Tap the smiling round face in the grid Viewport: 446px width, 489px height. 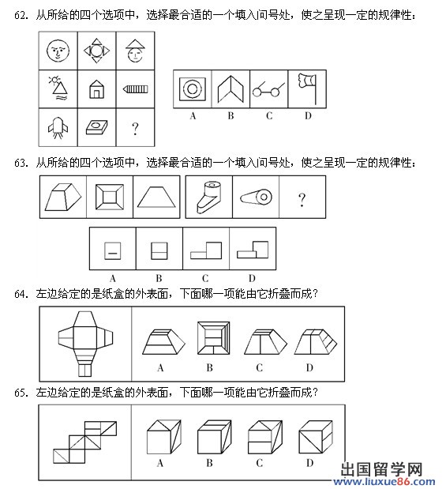point(58,51)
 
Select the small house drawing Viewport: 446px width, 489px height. point(96,89)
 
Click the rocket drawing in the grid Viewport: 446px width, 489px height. point(58,127)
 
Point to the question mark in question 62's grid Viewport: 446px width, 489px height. point(135,129)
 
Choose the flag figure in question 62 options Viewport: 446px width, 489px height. point(308,89)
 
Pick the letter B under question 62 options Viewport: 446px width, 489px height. point(230,116)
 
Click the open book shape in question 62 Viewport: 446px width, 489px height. point(230,89)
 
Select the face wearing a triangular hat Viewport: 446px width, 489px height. point(135,51)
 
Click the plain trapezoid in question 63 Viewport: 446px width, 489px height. point(156,197)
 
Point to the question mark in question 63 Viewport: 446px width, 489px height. point(302,200)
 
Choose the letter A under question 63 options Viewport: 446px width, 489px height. point(113,278)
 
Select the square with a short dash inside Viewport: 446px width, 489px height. point(113,250)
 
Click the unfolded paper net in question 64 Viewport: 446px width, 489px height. point(85,344)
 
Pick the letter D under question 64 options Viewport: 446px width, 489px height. point(309,368)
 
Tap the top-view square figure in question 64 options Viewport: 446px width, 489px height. point(214,338)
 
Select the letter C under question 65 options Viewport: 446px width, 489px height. point(259,463)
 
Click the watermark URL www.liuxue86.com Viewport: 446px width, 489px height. point(384,482)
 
